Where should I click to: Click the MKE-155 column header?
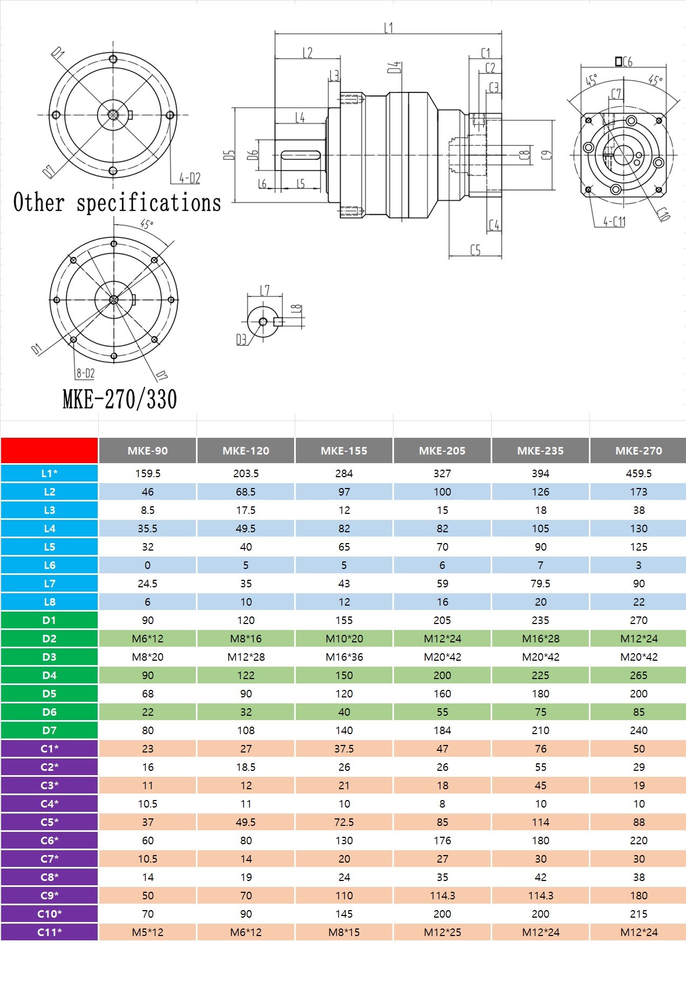[x=344, y=451]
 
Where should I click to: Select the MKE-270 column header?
[x=639, y=451]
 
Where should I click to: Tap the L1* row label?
[x=49, y=473]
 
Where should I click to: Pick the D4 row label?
[x=49, y=675]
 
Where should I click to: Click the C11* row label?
[x=49, y=932]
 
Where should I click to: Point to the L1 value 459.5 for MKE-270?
[x=639, y=473]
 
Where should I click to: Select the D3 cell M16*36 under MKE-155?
[x=344, y=657]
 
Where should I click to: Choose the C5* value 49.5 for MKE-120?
[x=246, y=822]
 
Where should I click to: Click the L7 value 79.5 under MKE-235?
[x=540, y=584]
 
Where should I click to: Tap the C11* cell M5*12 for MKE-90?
[x=147, y=932]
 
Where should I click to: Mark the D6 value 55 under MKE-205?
[x=442, y=712]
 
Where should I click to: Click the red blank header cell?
[x=49, y=451]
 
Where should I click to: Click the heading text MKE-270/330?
[x=120, y=399]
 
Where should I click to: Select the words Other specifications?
[x=117, y=202]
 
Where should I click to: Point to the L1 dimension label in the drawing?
[x=389, y=28]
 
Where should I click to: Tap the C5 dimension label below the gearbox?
[x=476, y=250]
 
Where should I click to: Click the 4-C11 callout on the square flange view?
[x=614, y=221]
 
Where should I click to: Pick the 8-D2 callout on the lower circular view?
[x=85, y=373]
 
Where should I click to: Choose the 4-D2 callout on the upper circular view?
[x=189, y=178]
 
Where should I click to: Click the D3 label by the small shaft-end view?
[x=241, y=340]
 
